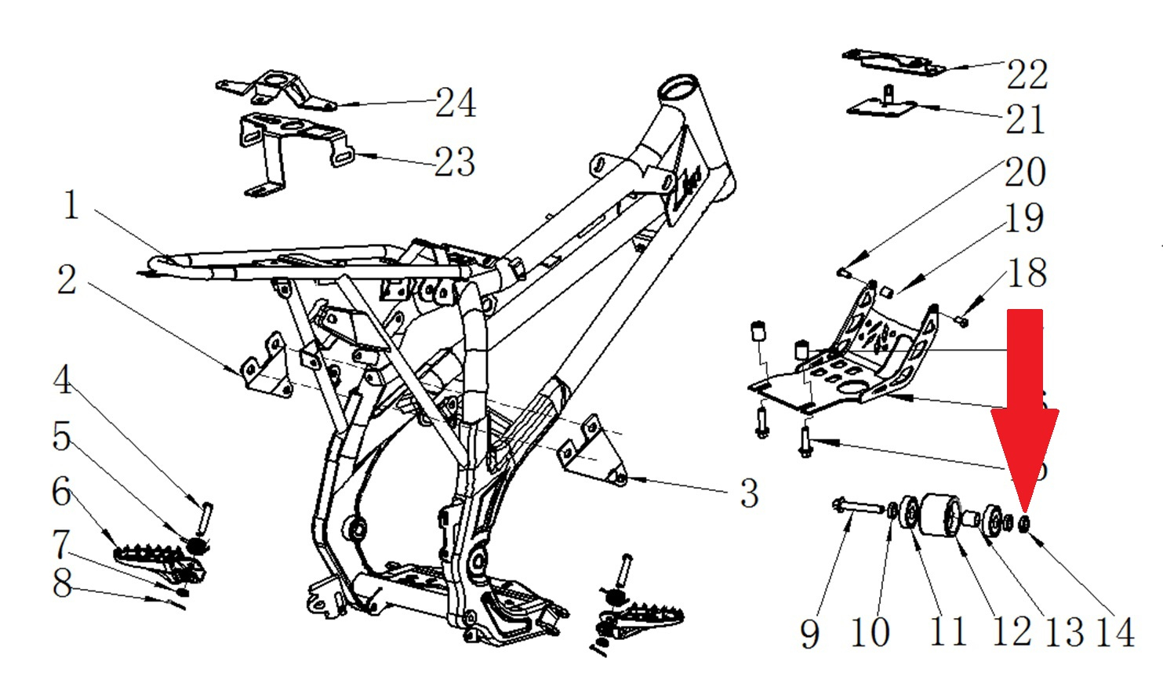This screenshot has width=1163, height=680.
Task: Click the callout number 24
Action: click(456, 103)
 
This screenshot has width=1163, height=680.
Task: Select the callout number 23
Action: click(455, 162)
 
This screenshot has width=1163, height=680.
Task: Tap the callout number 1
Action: click(71, 205)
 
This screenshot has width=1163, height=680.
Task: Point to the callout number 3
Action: click(749, 493)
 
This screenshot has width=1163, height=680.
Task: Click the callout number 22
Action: click(1027, 75)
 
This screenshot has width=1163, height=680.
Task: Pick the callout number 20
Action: click(1025, 173)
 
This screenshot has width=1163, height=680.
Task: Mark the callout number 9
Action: click(810, 633)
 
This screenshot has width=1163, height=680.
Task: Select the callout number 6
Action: click(62, 492)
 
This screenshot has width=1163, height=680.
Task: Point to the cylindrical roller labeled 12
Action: click(939, 516)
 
